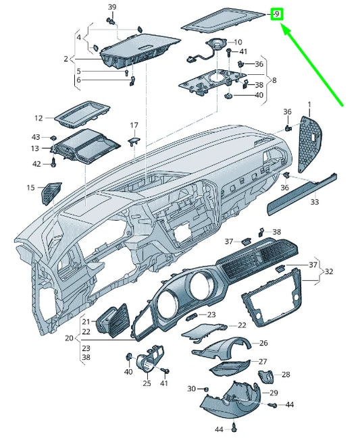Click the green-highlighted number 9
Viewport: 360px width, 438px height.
[x=277, y=13]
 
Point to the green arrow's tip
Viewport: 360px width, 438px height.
[x=282, y=26]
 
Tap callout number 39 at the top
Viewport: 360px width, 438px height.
[x=112, y=7]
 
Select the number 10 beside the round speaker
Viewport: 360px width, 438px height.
[x=237, y=42]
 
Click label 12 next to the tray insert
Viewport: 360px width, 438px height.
[x=38, y=117]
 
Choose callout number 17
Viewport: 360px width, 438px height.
[x=134, y=125]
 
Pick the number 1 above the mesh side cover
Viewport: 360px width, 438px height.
[x=309, y=105]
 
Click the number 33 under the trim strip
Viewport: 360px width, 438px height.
[x=315, y=201]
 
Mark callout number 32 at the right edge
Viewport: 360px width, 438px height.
[x=329, y=271]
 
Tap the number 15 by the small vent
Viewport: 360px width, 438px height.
[x=30, y=188]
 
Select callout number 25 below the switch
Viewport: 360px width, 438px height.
[x=147, y=383]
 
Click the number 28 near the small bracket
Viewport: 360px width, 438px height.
[x=286, y=374]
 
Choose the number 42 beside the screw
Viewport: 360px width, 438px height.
[x=36, y=163]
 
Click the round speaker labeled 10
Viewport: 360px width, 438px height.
[x=217, y=45]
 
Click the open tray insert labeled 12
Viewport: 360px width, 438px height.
[x=80, y=115]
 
